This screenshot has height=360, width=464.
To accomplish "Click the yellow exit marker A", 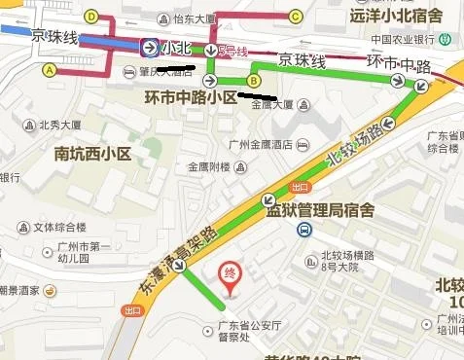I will [50, 70].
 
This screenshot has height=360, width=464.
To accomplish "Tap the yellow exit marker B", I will [254, 81].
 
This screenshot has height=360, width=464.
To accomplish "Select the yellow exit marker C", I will [295, 16].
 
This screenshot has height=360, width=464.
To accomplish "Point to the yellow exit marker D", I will [91, 17].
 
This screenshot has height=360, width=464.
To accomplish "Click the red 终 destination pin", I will [232, 273].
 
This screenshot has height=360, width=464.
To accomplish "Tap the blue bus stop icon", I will [303, 230].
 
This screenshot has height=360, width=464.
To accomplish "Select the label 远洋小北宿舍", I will [395, 15].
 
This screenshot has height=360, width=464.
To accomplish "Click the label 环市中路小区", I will [190, 98].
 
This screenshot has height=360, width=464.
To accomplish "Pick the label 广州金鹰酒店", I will [260, 144].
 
